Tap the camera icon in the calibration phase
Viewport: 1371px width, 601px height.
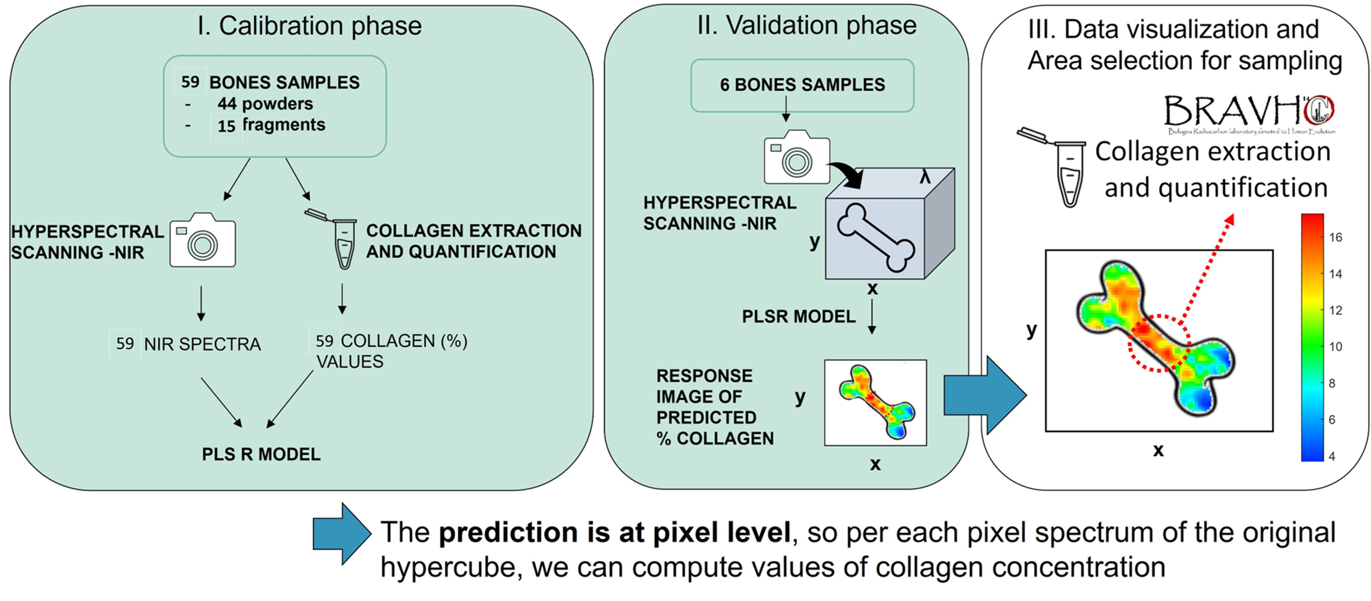202,241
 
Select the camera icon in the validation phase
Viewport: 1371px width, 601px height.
796,157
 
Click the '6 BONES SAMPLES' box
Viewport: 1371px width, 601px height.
802,85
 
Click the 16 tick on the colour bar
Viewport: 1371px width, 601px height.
1335,237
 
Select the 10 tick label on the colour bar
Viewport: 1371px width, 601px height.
1335,347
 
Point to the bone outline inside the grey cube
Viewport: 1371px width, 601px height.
876,237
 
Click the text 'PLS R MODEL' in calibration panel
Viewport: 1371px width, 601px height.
261,454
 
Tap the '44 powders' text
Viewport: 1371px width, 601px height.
265,103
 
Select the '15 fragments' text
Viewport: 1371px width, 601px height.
271,125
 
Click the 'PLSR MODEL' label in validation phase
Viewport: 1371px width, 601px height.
798,316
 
